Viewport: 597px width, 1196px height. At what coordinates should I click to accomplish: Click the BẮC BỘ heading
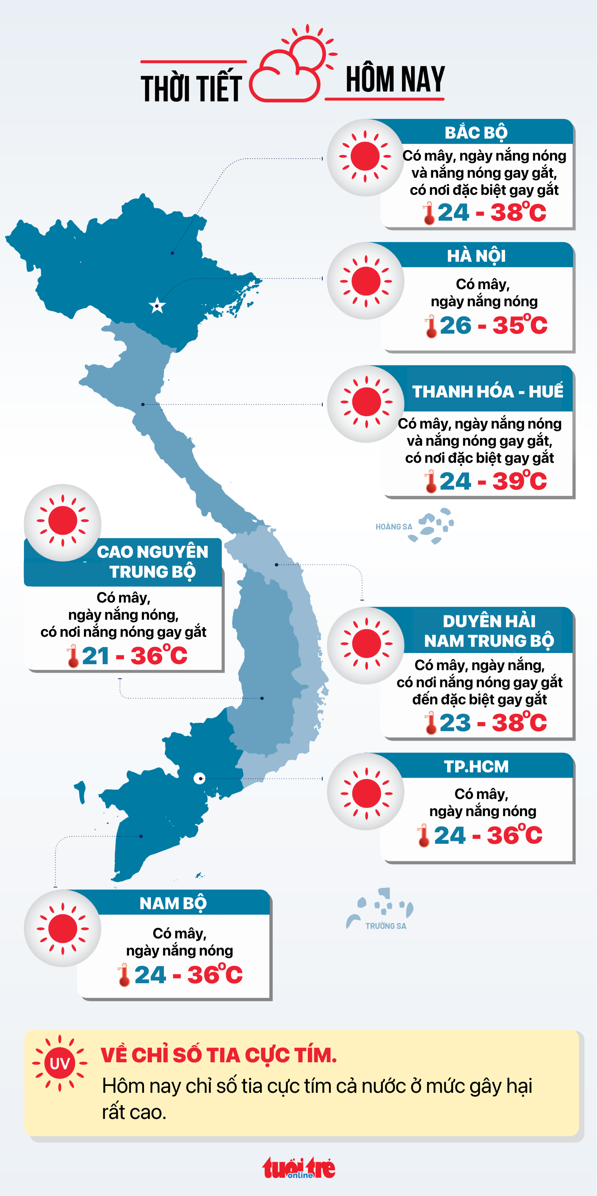476,133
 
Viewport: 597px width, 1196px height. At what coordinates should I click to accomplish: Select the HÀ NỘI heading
476,256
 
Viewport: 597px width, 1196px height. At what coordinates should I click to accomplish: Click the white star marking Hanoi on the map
157,306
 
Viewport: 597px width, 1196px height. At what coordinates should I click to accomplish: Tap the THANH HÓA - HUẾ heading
488,392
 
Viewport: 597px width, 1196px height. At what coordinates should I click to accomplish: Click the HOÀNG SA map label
394,527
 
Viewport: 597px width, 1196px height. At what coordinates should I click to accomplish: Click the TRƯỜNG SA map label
386,926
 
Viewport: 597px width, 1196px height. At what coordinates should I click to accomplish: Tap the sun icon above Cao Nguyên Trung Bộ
62,522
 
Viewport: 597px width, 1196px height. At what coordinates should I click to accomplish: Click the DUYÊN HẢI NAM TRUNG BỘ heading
489,631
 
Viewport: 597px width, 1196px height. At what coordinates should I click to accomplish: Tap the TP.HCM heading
476,767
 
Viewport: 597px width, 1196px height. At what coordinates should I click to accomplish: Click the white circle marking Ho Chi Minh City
199,778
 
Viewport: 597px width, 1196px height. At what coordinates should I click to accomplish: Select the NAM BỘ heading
173,903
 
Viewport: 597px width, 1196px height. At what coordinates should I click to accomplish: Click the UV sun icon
59,1063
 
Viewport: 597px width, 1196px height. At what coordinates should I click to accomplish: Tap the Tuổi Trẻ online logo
299,1168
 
